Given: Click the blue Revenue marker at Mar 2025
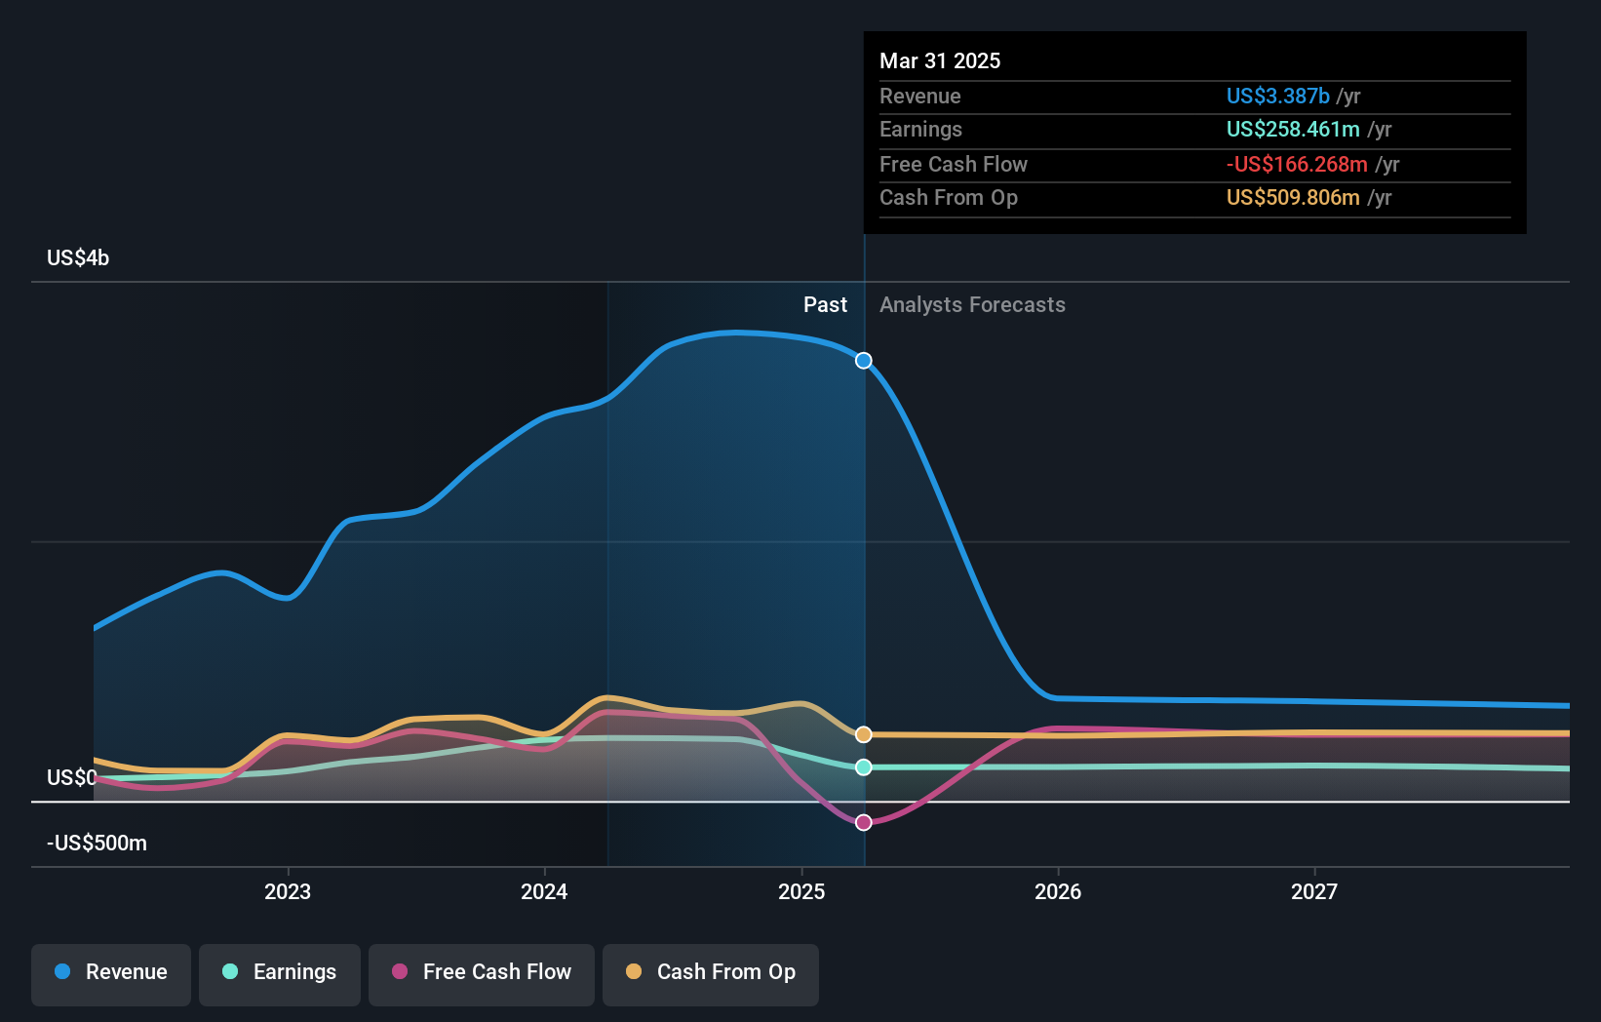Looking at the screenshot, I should [864, 361].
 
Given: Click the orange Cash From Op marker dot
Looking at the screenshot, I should [864, 734].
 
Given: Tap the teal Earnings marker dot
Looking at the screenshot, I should [864, 767].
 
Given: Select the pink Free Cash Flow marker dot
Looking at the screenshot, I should [864, 823].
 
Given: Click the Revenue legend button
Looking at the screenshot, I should [111, 972].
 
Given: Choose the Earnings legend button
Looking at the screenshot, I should [280, 972].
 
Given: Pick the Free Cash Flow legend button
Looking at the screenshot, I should [482, 972].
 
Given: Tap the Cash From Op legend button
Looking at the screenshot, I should [711, 972].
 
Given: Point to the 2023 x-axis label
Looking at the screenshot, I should [288, 891].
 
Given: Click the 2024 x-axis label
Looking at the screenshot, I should [544, 891].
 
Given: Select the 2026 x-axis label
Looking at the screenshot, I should [1058, 891].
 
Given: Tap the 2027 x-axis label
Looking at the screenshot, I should [1314, 891].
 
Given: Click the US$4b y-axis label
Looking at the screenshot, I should [78, 257].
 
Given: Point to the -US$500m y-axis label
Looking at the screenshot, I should [97, 843].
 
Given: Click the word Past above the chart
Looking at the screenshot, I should [825, 304].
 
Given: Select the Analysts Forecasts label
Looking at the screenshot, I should [972, 304].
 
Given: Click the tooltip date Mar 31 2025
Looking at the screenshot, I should [940, 60].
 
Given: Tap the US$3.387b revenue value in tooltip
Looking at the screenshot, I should [1277, 96].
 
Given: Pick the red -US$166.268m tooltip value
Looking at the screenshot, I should [1297, 164].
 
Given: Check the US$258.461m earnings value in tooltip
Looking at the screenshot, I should [1293, 129].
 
